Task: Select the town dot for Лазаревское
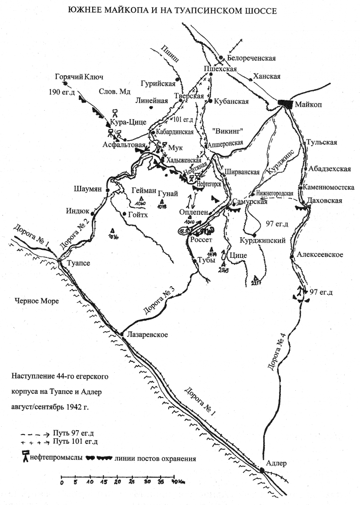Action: tap(122, 334)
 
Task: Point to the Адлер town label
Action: tap(276, 463)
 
